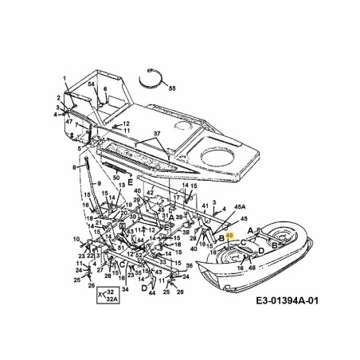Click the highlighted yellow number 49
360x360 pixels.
[229, 237]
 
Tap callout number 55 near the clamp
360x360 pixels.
[173, 89]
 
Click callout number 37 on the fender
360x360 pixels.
[157, 134]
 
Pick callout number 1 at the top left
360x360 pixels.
[64, 77]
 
